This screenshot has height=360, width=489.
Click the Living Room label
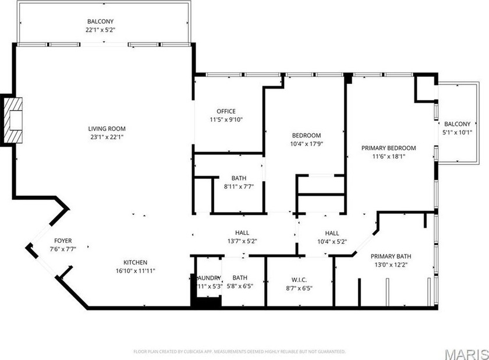107,129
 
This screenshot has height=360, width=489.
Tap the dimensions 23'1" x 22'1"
107,137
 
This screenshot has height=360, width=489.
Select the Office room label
225,111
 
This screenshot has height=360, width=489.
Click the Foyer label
63,241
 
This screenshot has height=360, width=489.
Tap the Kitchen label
134,262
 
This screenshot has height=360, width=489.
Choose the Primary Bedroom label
388,148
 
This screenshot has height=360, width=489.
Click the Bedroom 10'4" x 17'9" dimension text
306,143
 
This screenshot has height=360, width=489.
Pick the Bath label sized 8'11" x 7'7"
239,178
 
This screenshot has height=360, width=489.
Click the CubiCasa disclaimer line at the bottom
239,351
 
